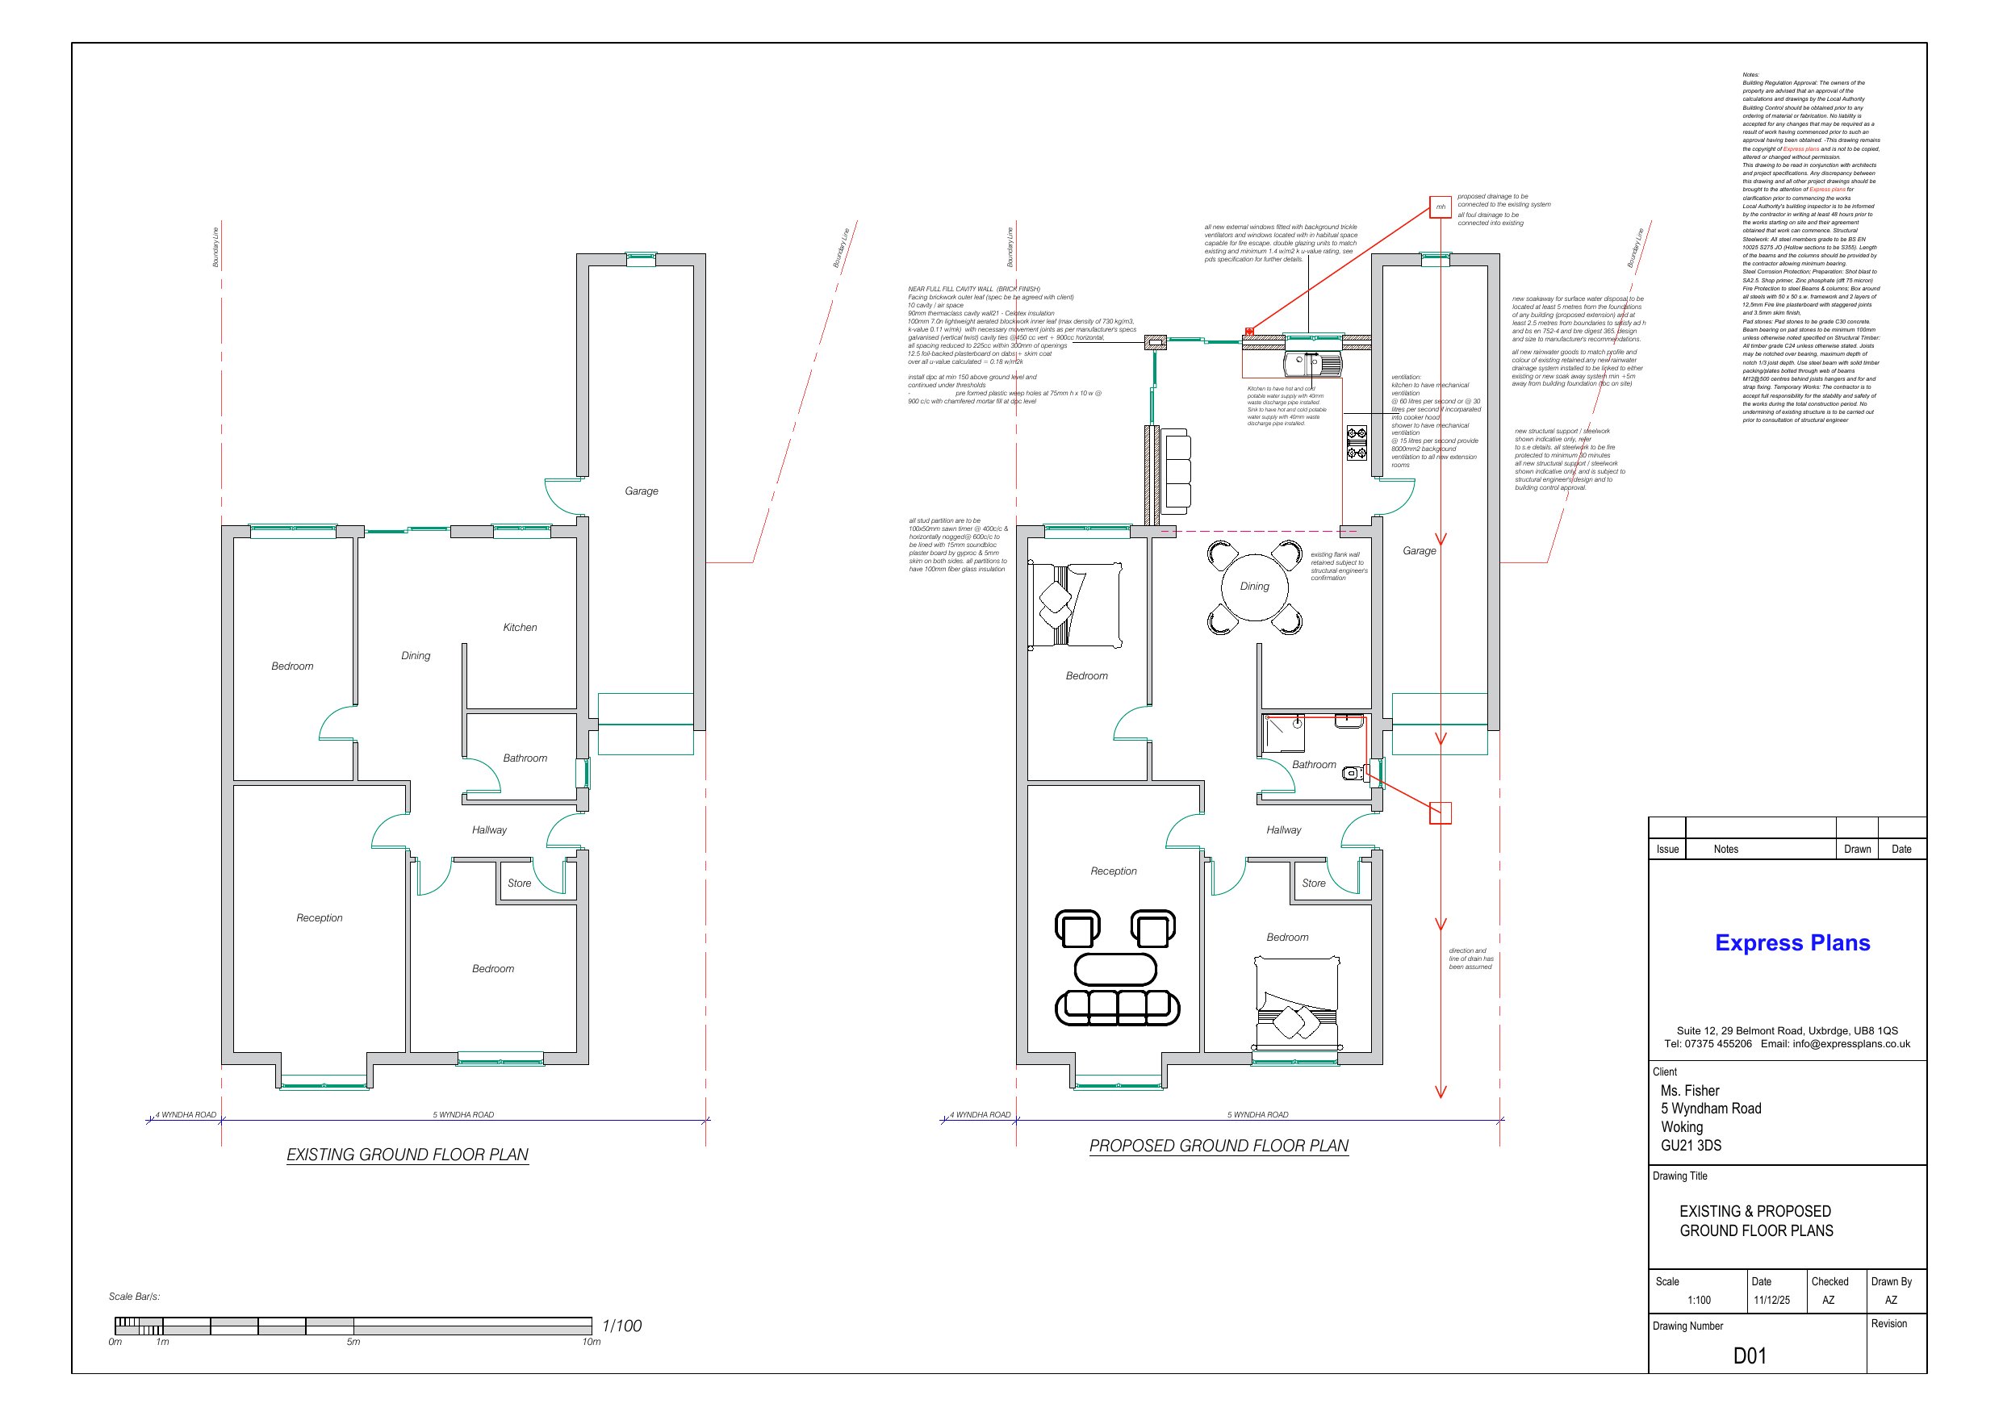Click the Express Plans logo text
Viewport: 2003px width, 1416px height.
tap(1792, 942)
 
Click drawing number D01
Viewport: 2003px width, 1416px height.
tap(1749, 1355)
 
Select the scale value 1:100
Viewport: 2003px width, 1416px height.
tap(1698, 1300)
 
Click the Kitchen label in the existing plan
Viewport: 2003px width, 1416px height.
tap(520, 627)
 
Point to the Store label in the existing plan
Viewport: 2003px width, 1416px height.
tap(519, 883)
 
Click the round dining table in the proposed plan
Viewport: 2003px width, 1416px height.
tap(1254, 587)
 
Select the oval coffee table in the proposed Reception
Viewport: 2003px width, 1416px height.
tap(1115, 968)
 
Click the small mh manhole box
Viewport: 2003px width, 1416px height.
tap(1441, 207)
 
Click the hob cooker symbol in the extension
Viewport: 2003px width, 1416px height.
tap(1357, 442)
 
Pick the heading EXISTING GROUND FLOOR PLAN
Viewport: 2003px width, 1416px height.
tap(408, 1155)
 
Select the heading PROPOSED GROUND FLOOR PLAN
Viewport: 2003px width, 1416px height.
tap(1218, 1146)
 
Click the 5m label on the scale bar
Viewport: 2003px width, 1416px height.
tap(353, 1342)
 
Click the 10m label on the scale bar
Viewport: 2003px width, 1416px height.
tap(591, 1342)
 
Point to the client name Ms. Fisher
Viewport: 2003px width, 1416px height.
tap(1689, 1091)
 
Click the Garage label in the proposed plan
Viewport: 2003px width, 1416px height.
tap(1419, 550)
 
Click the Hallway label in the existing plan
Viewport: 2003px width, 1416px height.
tap(488, 829)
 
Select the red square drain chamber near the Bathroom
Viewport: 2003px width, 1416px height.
tap(1441, 813)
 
